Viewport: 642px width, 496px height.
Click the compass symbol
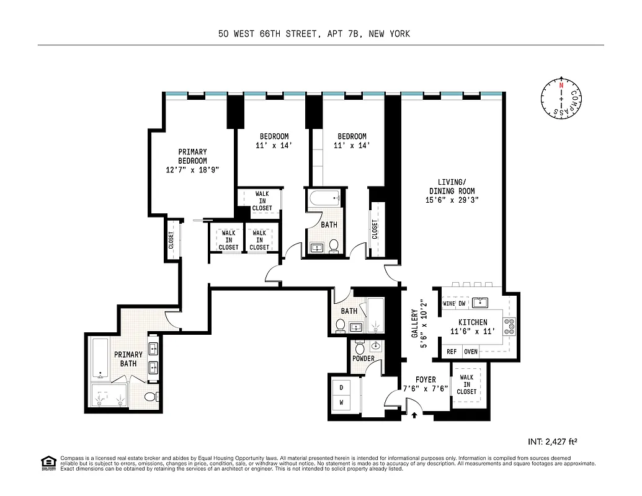click(561, 99)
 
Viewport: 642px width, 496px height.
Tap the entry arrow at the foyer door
click(414, 414)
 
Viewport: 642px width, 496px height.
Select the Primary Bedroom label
click(192, 160)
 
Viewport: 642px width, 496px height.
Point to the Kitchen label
click(473, 322)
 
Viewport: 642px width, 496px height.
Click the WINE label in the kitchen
click(449, 304)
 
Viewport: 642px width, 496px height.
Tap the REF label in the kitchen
click(452, 352)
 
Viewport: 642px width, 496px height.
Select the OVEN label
click(471, 352)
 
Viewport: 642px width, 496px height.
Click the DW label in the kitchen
click(462, 304)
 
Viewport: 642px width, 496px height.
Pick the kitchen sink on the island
click(480, 303)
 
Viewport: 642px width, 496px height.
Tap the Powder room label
click(363, 358)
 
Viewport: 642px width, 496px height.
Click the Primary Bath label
click(128, 359)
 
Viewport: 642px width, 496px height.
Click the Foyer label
click(426, 379)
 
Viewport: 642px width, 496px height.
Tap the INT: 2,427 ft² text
click(553, 442)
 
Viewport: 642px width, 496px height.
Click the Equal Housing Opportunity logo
click(47, 462)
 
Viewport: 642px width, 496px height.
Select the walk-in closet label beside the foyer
click(466, 384)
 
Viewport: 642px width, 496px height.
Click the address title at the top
click(314, 34)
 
